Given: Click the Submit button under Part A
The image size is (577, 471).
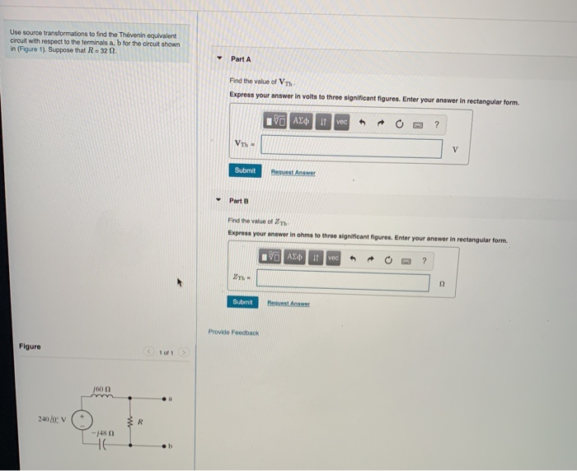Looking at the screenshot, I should point(245,170).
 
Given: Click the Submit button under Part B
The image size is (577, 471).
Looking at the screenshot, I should point(242,302).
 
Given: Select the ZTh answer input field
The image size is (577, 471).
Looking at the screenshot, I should point(342,282).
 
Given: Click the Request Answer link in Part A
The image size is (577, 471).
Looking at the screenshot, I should point(293,171).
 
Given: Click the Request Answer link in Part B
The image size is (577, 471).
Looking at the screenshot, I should point(288,303).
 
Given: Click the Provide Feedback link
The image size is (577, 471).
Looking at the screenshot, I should point(232,332).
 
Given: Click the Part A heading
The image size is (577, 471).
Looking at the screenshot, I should point(241,59).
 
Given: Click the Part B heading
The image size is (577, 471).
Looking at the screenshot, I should point(239,200).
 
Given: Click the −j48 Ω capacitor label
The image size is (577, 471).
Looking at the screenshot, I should point(106,432).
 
